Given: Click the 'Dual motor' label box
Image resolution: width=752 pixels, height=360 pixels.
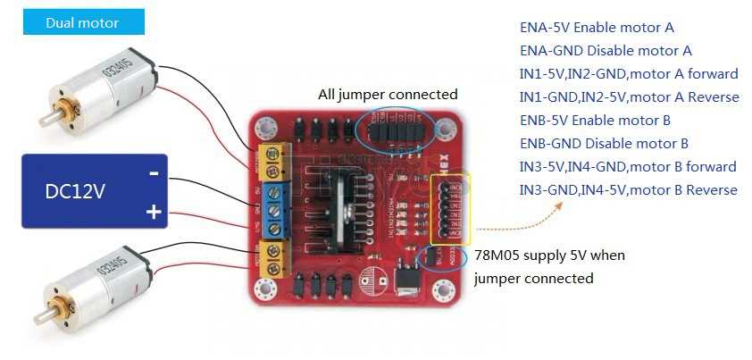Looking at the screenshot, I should point(81,22).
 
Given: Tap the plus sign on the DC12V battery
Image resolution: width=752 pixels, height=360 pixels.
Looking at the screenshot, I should point(154,212).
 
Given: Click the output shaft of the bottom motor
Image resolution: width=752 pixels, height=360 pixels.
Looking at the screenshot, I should point(41,315).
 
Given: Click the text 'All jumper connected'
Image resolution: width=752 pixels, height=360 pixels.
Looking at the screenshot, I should point(388,94).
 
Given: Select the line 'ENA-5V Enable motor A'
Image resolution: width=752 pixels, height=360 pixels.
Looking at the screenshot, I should point(597,28).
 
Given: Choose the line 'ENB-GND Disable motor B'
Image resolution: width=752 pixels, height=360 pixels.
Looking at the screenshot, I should point(604,143).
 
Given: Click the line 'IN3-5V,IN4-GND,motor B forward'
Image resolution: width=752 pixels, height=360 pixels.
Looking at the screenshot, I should point(628,166).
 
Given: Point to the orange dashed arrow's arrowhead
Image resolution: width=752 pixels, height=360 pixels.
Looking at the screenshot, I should point(560,205).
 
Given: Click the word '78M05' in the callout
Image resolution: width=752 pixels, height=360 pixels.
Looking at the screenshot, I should point(496,255).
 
